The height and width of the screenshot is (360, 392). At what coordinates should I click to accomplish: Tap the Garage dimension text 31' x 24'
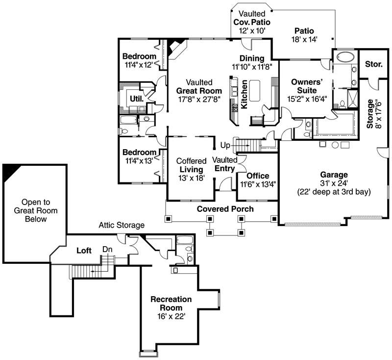pyautogui.click(x=334, y=183)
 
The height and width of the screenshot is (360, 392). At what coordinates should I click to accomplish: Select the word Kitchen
pyautogui.click(x=244, y=95)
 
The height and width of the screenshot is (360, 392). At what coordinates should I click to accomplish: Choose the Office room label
pyautogui.click(x=258, y=176)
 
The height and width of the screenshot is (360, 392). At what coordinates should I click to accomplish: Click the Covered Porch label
pyautogui.click(x=225, y=209)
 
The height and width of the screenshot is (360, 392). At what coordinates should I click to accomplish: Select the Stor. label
pyautogui.click(x=374, y=64)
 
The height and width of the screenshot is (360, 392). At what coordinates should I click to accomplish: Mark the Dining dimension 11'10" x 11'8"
pyautogui.click(x=252, y=66)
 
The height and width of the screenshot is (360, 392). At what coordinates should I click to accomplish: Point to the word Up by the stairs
pyautogui.click(x=225, y=146)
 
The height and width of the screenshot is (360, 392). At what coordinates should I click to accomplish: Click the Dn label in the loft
pyautogui.click(x=107, y=249)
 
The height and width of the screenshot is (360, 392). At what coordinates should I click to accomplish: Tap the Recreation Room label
pyautogui.click(x=171, y=304)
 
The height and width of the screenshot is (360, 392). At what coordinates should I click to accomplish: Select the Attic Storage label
pyautogui.click(x=122, y=226)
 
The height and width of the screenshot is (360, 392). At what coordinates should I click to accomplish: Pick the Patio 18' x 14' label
pyautogui.click(x=304, y=35)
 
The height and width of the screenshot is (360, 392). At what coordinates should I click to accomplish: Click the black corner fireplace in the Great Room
pyautogui.click(x=174, y=48)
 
